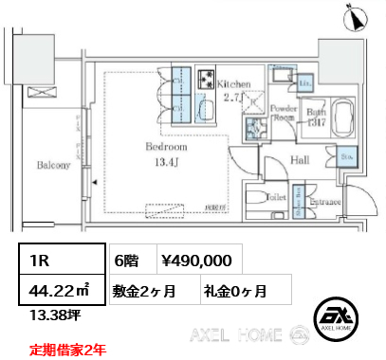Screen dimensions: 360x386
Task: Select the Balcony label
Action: pos(54,166)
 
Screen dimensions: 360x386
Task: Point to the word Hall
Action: pos(301,159)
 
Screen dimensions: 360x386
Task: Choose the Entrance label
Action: pos(326,201)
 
